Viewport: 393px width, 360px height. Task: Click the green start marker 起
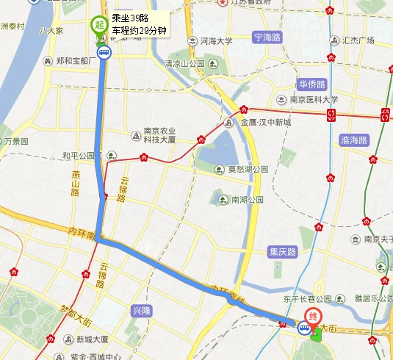pos(98,24)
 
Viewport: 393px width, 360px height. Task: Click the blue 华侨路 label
pos(312,84)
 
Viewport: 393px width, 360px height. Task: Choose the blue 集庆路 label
pos(282,252)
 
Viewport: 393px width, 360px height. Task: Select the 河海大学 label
pos(215,41)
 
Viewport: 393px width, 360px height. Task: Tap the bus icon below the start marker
pos(104,51)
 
